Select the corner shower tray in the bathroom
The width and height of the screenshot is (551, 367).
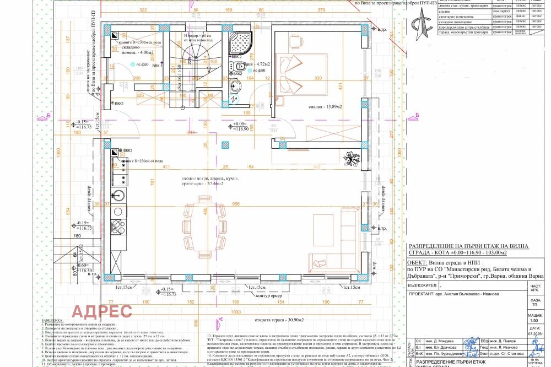click(240, 42)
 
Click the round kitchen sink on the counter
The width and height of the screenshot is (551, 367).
click(118, 195)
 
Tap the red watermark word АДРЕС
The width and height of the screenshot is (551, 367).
click(102, 311)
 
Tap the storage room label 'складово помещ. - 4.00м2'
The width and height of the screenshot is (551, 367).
click(138, 53)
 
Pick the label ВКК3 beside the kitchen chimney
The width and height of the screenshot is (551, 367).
click(128, 150)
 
